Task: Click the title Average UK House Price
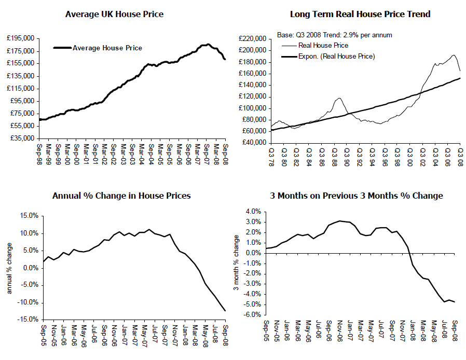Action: [x=114, y=14]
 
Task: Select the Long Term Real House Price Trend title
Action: [x=360, y=14]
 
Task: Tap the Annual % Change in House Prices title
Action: [x=121, y=196]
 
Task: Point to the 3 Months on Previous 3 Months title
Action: [x=357, y=196]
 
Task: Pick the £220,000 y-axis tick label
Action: [x=252, y=38]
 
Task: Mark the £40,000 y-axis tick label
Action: [x=253, y=143]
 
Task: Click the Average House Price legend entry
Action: [x=107, y=48]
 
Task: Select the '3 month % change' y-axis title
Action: [x=236, y=262]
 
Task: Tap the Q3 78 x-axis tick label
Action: [x=271, y=156]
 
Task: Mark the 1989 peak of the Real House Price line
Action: [x=339, y=98]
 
